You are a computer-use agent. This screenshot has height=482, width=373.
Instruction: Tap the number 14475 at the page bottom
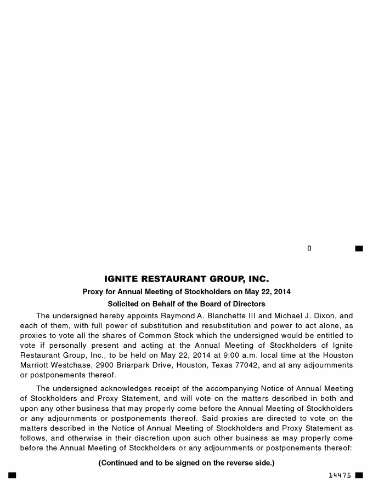click(x=340, y=475)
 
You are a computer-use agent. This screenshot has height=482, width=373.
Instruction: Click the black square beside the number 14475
click(x=359, y=475)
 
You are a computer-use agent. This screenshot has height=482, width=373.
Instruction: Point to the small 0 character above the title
click(x=309, y=249)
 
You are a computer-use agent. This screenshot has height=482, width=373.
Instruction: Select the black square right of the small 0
click(x=359, y=249)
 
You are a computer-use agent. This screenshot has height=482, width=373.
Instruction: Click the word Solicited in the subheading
click(x=125, y=303)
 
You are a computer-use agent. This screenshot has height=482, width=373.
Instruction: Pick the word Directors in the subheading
click(x=245, y=303)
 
